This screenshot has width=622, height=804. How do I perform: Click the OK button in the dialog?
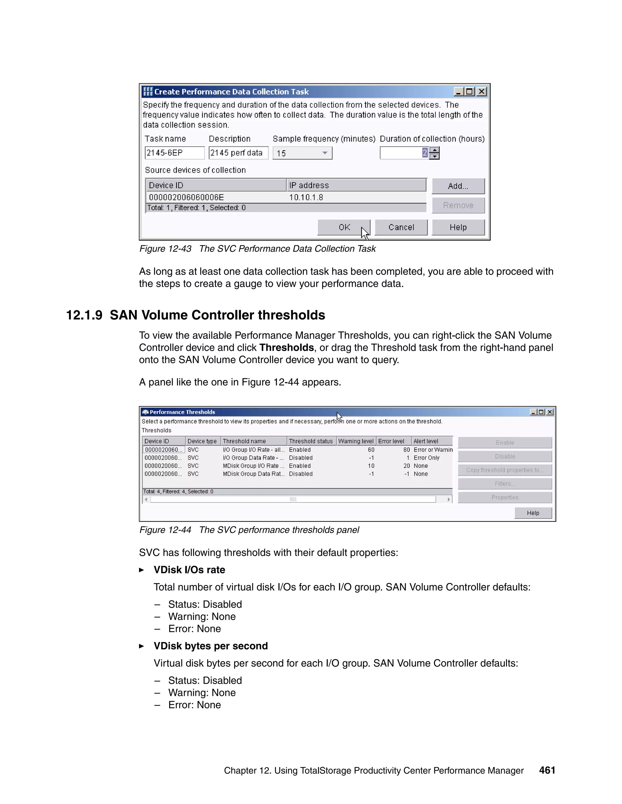(343, 227)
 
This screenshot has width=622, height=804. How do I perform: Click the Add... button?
(458, 186)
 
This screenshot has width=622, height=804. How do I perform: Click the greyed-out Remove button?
(458, 205)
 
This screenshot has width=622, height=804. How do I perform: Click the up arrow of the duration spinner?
(435, 150)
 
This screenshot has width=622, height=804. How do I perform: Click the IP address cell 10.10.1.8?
(306, 197)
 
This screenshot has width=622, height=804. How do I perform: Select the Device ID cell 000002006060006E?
(186, 197)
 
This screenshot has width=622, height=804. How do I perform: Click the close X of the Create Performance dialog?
(481, 91)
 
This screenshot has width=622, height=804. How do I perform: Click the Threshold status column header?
(311, 441)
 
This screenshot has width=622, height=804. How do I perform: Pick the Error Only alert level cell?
(426, 458)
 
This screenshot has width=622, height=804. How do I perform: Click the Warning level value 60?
(371, 450)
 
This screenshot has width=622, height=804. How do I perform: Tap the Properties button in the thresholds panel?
(504, 497)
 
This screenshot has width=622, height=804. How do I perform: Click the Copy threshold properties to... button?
(504, 470)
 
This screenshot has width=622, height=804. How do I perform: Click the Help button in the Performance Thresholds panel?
(533, 513)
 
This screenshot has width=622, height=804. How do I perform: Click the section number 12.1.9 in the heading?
(84, 315)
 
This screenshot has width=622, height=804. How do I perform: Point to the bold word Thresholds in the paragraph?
(286, 347)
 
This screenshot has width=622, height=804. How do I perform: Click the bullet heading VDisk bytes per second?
(210, 646)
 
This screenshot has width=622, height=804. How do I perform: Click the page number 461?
(547, 770)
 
